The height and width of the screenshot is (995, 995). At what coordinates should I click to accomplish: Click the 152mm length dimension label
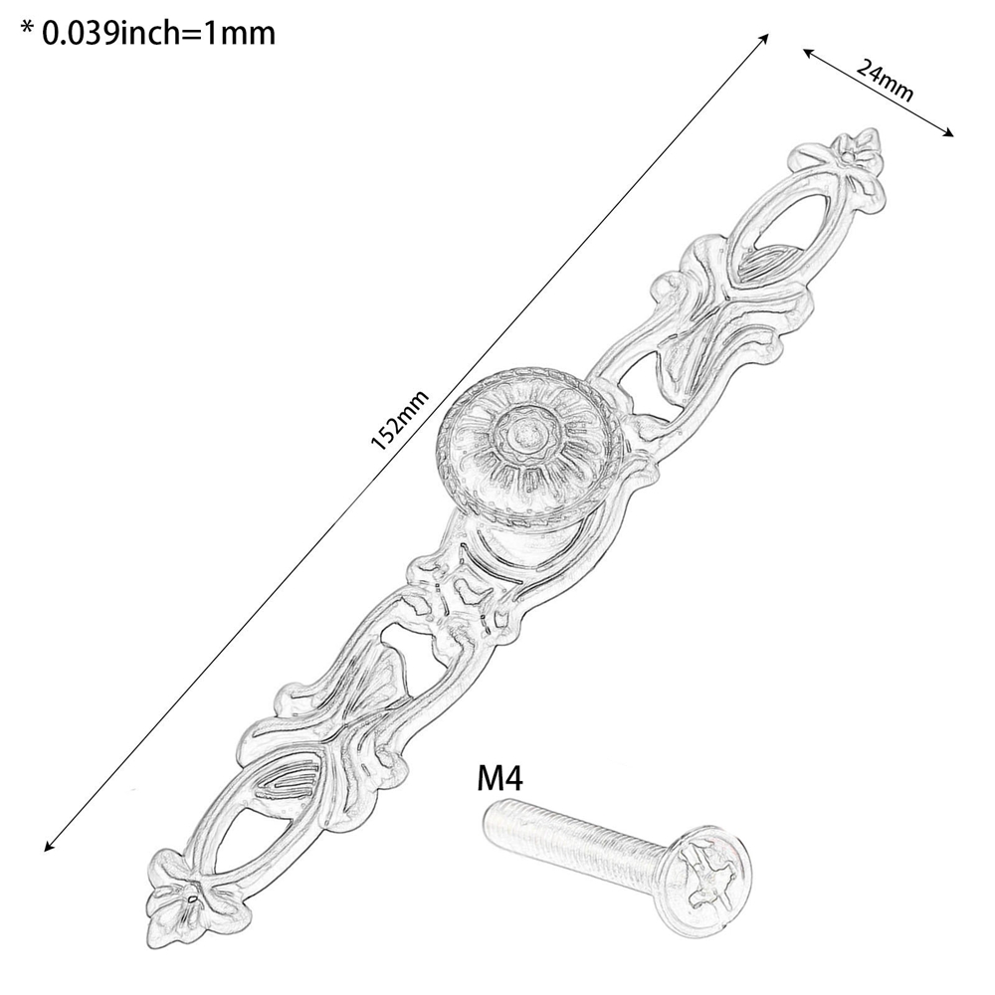(x=400, y=420)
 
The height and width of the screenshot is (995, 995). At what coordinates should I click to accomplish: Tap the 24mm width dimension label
(x=885, y=80)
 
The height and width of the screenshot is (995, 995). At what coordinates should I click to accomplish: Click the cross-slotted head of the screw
(x=704, y=870)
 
